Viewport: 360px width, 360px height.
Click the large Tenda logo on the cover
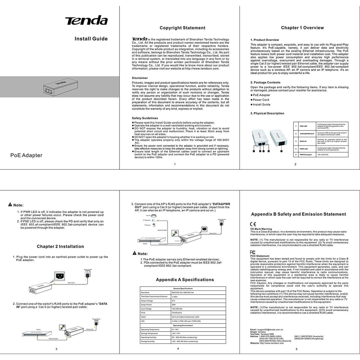click(86, 20)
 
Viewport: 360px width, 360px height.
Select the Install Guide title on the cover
click(91, 39)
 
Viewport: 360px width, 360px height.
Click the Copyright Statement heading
click(182, 28)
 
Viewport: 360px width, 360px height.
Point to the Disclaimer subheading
click(140, 78)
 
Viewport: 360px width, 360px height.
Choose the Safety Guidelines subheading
click(145, 118)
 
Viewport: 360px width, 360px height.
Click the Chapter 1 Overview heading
click(302, 28)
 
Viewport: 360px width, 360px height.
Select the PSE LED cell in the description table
click(304, 126)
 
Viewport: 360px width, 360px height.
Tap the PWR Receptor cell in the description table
click(306, 155)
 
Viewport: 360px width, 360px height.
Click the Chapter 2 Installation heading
click(60, 247)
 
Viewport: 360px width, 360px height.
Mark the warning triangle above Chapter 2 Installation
click(10, 205)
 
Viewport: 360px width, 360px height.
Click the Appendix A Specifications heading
click(185, 280)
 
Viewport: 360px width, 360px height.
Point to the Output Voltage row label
click(147, 301)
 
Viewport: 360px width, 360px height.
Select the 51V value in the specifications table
click(173, 301)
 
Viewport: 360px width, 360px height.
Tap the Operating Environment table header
click(183, 325)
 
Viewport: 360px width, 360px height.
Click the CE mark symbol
click(253, 224)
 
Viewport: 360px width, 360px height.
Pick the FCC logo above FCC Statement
click(253, 252)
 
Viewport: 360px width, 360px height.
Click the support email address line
click(267, 330)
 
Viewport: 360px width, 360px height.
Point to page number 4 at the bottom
click(178, 349)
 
